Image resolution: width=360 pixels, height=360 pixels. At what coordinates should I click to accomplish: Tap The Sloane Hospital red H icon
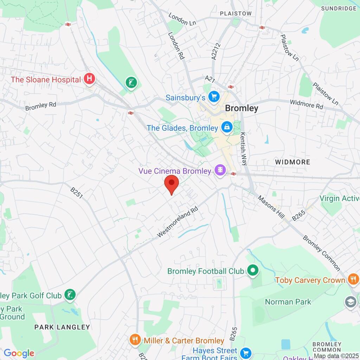point(89,79)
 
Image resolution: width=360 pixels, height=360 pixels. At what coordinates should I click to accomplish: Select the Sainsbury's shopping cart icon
point(213,97)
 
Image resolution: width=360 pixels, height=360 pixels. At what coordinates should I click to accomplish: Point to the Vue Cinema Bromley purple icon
point(220,171)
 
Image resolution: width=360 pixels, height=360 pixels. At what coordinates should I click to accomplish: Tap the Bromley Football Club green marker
point(252,271)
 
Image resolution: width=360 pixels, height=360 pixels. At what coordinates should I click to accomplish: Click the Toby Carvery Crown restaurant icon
point(352,280)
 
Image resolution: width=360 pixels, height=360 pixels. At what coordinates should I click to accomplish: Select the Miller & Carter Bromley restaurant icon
point(135,340)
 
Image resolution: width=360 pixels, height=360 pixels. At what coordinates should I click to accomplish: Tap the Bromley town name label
point(242,108)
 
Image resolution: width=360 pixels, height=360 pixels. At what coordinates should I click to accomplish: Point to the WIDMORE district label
point(292,162)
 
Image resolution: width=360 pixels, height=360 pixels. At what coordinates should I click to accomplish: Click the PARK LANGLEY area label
point(62,327)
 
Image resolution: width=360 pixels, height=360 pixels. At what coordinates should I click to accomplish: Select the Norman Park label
point(288,302)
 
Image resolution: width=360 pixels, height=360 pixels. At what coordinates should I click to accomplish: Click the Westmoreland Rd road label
point(178,221)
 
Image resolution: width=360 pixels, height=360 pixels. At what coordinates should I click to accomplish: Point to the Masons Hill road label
point(271,207)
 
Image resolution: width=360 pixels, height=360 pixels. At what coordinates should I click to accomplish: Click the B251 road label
point(76,193)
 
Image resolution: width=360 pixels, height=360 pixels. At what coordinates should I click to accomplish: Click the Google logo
point(19,353)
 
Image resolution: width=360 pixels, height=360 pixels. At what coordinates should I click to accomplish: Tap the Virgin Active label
point(340,198)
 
